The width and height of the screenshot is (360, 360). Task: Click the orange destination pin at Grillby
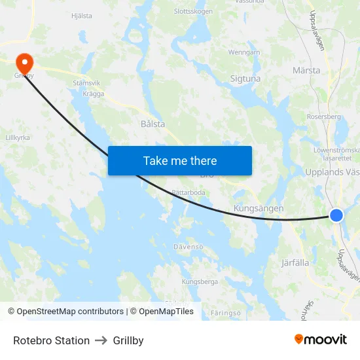(x=24, y=63)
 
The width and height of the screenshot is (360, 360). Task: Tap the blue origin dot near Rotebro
(x=336, y=215)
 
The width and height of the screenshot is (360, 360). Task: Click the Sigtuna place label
(x=245, y=79)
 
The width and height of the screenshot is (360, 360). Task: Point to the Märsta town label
(x=306, y=70)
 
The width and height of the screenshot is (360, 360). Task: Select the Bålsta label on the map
(x=153, y=123)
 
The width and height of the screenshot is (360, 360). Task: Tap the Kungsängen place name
(x=259, y=208)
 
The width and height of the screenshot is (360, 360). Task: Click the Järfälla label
(x=295, y=262)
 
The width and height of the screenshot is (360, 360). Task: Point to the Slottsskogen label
(x=193, y=11)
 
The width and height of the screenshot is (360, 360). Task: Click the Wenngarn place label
(x=244, y=52)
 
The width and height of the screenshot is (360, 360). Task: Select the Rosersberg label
(x=324, y=117)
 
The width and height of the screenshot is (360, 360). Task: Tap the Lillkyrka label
(x=18, y=137)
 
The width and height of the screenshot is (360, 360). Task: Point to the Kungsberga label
(x=200, y=281)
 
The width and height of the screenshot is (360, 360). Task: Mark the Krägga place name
(x=94, y=94)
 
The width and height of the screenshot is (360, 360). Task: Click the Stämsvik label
(x=86, y=83)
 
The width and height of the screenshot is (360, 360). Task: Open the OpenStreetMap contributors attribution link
(x=70, y=312)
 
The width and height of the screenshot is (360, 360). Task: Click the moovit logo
(x=320, y=339)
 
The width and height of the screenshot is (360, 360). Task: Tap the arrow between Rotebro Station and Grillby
(x=101, y=340)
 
